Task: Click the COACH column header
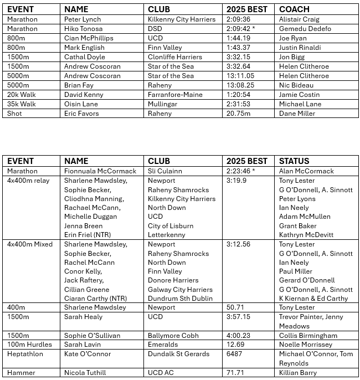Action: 294,9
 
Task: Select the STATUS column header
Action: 294,161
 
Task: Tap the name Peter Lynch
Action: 83,19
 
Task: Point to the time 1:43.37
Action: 238,48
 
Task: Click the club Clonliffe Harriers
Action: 175,57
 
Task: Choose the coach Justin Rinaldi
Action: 300,48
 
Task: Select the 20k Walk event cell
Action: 22,95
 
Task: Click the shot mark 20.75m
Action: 238,114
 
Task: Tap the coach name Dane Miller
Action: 297,114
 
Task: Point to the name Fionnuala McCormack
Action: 96,171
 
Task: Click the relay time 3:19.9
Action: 238,181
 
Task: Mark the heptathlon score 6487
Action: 235,354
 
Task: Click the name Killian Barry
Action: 297,373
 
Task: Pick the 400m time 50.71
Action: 236,307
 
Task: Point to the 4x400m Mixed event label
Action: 30,244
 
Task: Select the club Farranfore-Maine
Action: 175,95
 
